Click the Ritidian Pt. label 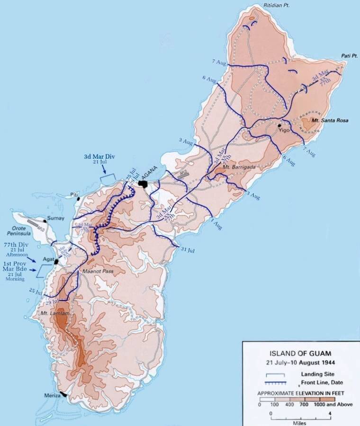coord(277,6)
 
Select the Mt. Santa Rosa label coord(330,121)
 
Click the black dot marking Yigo coord(279,126)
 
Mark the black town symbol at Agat coord(56,261)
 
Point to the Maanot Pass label coord(98,271)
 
